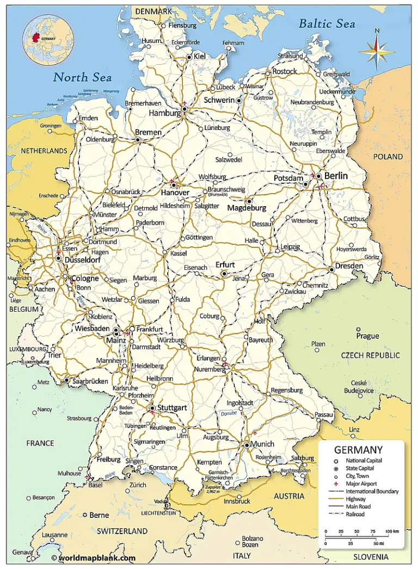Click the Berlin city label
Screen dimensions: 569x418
point(336,176)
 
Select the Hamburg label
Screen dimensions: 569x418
point(165,114)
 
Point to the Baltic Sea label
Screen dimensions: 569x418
point(327,24)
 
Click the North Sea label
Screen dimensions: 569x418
point(82,77)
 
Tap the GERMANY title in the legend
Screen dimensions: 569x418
point(358,450)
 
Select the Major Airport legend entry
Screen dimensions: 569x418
point(361,484)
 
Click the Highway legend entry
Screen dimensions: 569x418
point(355,499)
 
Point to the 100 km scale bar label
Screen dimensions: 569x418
point(392,531)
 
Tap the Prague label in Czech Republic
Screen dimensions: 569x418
point(367,336)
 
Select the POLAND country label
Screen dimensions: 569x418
point(388,157)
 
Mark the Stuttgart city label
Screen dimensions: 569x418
point(173,407)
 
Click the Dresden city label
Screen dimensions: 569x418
point(349,266)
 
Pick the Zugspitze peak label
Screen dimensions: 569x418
point(213,487)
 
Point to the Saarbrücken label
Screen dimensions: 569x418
point(90,381)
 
